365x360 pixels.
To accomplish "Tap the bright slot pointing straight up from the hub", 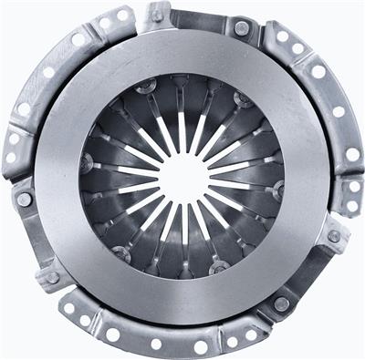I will coord(182,128).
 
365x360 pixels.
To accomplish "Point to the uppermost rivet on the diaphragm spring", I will coord(147,87).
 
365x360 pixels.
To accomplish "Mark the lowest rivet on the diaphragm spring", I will coord(218,267).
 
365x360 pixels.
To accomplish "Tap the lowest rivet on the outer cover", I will coord(281,303).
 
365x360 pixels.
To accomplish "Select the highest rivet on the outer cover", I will coord(157,15).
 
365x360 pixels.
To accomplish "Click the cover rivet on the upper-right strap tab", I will coord(242,28).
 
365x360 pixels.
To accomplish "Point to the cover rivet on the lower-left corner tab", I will coord(52,277).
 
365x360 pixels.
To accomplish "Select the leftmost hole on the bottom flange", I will coord(68,308).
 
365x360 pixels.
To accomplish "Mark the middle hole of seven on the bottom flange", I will coord(156,344).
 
